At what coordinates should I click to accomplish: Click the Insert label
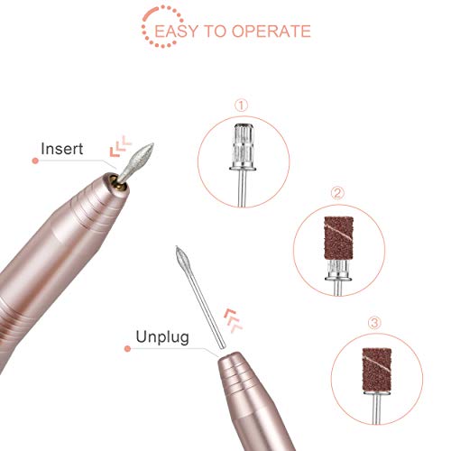coord(64,147)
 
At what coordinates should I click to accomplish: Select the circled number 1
coord(240,105)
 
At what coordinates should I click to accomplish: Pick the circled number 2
coord(336,193)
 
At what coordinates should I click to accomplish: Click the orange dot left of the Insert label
coord(34,161)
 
